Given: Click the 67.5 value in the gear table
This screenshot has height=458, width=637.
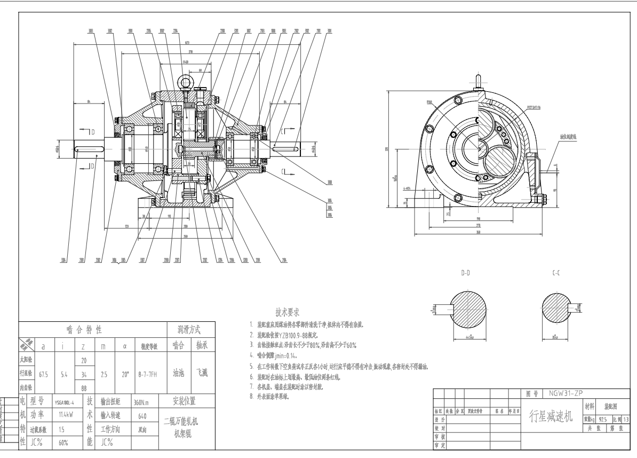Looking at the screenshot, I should (x=44, y=375).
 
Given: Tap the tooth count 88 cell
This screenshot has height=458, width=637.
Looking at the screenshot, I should (x=83, y=389).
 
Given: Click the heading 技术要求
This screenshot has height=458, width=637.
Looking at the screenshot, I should (x=287, y=312).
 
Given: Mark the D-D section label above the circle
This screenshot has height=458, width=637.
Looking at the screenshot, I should (x=466, y=272).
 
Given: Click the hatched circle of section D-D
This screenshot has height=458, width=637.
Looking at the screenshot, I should (x=469, y=311).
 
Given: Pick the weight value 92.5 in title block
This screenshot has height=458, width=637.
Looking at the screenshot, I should (x=603, y=420).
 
